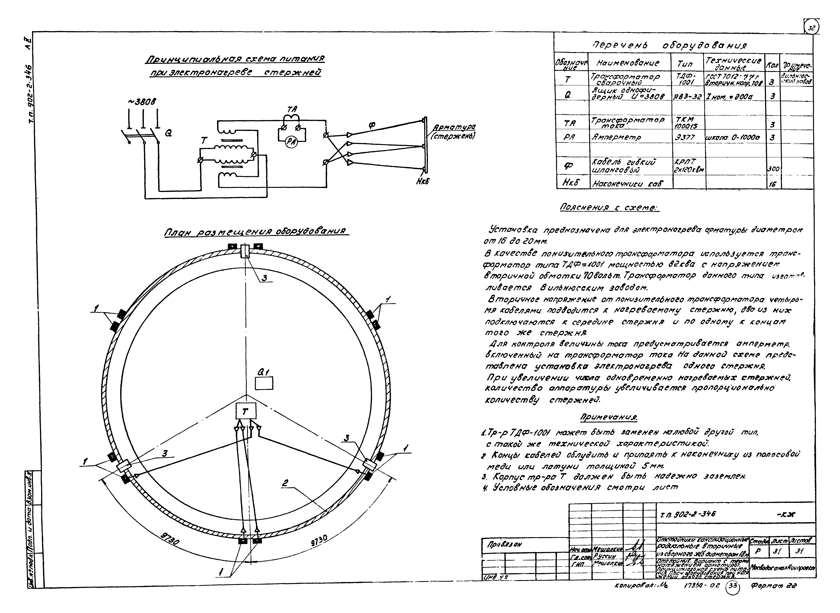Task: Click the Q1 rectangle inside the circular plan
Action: pyautogui.click(x=264, y=383)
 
